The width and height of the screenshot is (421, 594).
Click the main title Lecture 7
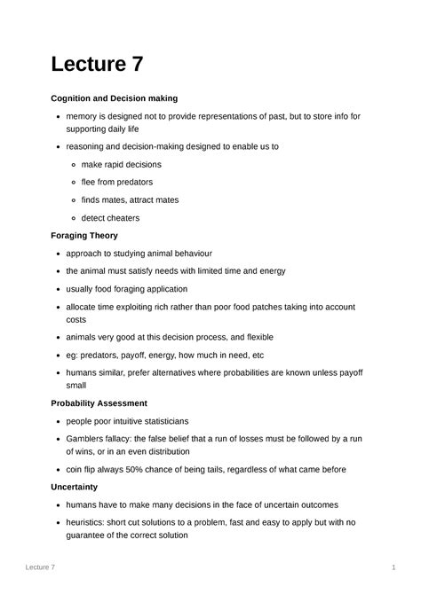tap(97, 65)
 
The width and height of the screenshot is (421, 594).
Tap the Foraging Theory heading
tap(84, 236)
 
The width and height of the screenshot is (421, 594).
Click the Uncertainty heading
tap(75, 487)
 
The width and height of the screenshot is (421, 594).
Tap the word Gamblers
tap(87, 438)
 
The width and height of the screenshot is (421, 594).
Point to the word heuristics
tap(87, 522)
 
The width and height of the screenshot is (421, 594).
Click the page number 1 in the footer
tap(392, 567)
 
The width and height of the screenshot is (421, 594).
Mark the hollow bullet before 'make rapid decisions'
tap(72, 165)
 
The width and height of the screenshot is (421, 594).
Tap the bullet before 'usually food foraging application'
tap(57, 289)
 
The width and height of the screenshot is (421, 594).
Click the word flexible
tap(254, 337)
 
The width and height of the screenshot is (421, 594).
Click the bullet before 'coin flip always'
tap(57, 470)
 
